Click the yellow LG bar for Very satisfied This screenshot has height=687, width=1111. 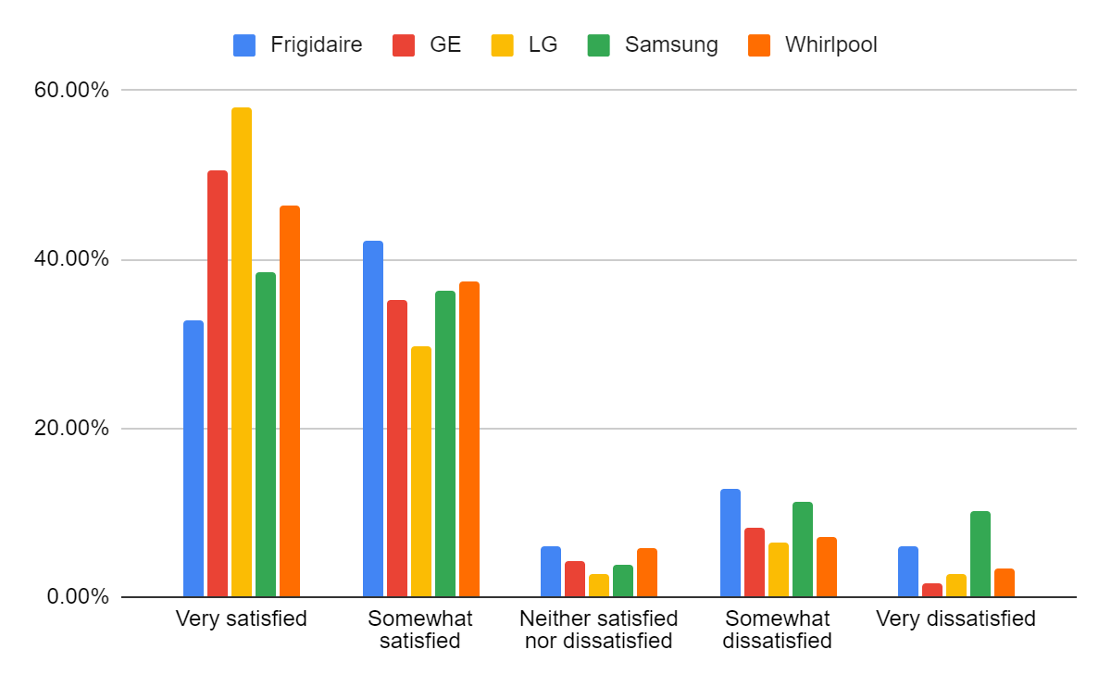[x=242, y=352]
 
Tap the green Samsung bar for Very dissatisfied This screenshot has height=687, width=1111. [x=980, y=554]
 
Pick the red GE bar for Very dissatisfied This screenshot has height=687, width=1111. [x=932, y=591]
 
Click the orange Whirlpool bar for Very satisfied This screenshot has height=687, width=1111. [x=290, y=401]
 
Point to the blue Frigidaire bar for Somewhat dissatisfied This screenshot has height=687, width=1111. [x=730, y=543]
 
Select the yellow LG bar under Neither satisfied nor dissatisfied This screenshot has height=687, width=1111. [x=599, y=586]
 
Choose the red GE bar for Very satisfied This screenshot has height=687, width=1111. [x=218, y=383]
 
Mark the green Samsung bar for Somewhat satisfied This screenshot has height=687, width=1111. [x=445, y=443]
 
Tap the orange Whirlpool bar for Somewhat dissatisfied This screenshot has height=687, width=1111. [x=827, y=567]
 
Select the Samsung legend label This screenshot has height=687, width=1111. [x=671, y=44]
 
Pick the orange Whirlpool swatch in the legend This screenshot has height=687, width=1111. [x=759, y=44]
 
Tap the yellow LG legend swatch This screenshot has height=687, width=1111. [x=503, y=44]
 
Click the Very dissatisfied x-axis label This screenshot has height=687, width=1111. [x=955, y=618]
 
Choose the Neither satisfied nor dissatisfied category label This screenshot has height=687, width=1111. [x=598, y=630]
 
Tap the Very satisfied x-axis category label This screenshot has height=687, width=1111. [x=241, y=618]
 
